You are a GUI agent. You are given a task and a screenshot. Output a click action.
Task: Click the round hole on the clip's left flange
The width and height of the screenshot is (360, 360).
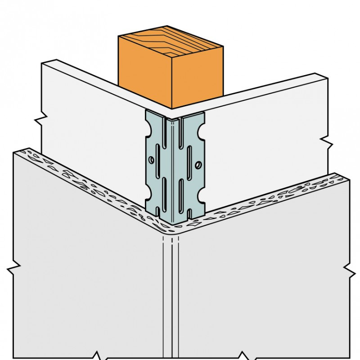coord(151,159)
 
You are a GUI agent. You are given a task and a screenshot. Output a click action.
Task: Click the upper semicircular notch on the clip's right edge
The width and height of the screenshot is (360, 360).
coord(204,134)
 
